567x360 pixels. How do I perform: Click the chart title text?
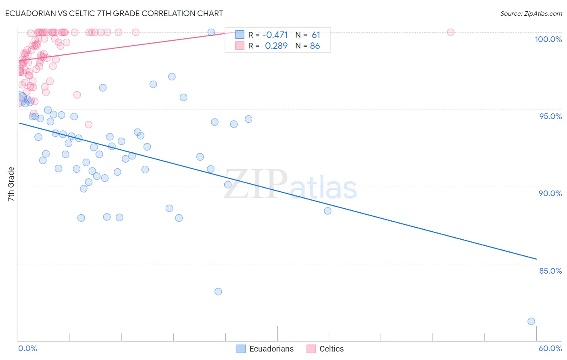pyautogui.click(x=114, y=13)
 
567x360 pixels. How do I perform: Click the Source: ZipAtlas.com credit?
pyautogui.click(x=531, y=13)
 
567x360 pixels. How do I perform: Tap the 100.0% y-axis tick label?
pyautogui.click(x=548, y=39)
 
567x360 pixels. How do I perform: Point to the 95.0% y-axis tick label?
pyautogui.click(x=550, y=116)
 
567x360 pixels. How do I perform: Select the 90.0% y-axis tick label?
pyautogui.click(x=550, y=193)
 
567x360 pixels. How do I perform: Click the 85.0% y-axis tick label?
pyautogui.click(x=550, y=271)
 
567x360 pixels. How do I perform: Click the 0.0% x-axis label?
pyautogui.click(x=27, y=348)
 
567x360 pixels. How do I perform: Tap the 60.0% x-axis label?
pyautogui.click(x=550, y=348)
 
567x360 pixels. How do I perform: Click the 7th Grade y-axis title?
pyautogui.click(x=11, y=184)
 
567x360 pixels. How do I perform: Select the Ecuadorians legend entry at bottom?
pyautogui.click(x=265, y=349)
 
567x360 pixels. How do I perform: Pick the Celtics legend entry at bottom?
pyautogui.click(x=325, y=349)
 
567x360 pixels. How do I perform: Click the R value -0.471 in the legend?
pyautogui.click(x=275, y=35)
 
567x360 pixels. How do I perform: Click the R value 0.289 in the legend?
pyautogui.click(x=276, y=46)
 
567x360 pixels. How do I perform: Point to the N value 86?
pyautogui.click(x=315, y=46)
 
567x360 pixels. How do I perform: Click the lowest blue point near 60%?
pyautogui.click(x=531, y=321)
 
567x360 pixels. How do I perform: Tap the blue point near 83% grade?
pyautogui.click(x=218, y=291)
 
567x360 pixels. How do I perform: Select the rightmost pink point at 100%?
pyautogui.click(x=450, y=32)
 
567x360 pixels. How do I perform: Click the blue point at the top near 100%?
pyautogui.click(x=211, y=32)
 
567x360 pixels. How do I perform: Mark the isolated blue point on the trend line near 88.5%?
pyautogui.click(x=327, y=211)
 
